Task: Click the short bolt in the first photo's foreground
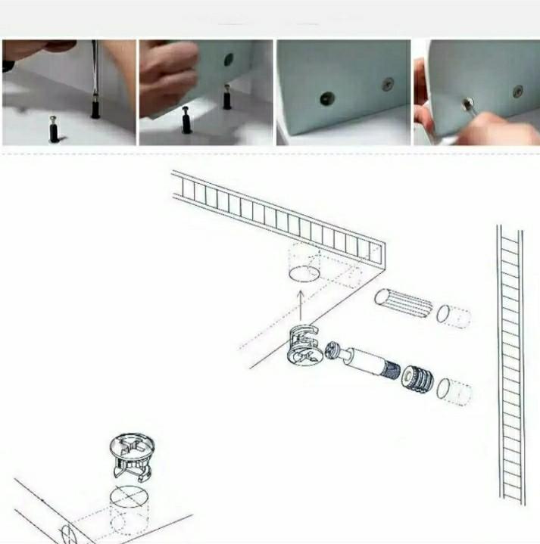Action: click(x=54, y=129)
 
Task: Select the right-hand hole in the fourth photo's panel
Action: click(x=517, y=91)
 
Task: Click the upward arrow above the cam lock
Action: click(x=301, y=306)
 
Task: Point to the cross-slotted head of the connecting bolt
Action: click(x=334, y=350)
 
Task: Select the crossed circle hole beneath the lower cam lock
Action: click(x=128, y=499)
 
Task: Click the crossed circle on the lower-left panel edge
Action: click(x=62, y=533)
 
